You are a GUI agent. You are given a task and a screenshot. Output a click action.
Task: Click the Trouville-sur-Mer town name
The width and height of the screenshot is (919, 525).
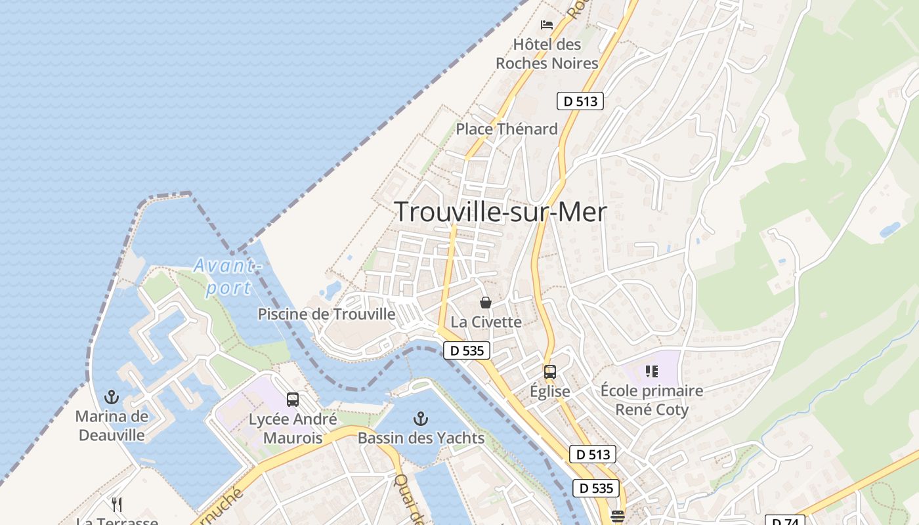click(500, 212)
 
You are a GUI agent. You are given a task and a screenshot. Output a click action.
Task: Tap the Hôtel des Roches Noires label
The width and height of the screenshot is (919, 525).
click(547, 54)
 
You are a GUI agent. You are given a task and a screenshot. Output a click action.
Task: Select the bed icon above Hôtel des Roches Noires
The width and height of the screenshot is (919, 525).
click(547, 25)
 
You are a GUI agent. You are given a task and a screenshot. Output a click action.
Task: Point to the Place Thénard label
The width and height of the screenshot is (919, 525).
click(507, 129)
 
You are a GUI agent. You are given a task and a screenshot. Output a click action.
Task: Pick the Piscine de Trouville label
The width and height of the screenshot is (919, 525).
click(326, 314)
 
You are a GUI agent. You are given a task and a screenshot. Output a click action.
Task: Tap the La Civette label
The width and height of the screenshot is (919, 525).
click(486, 322)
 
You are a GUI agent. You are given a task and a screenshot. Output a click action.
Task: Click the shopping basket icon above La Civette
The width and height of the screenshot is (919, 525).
click(486, 303)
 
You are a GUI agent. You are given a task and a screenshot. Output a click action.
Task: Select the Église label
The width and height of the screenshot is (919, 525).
click(550, 391)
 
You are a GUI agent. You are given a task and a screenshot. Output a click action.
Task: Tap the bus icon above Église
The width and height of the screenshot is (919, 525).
click(550, 372)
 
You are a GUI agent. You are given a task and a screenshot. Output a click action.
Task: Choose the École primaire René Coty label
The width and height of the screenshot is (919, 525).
click(652, 400)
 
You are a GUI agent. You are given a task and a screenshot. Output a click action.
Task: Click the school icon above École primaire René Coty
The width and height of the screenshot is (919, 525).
click(652, 372)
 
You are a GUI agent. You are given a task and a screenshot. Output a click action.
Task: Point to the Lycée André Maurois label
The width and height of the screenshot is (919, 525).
click(293, 428)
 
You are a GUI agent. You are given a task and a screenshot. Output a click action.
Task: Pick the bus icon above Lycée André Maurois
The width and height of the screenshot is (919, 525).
click(293, 399)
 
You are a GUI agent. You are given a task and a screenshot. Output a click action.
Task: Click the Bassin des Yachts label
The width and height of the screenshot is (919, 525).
click(421, 438)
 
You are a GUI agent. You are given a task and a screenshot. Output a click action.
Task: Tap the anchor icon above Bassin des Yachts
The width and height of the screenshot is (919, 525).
click(421, 418)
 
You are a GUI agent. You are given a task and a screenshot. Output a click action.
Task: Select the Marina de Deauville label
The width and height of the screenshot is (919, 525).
click(112, 425)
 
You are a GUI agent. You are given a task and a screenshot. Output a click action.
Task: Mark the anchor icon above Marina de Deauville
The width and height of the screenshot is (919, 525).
click(112, 397)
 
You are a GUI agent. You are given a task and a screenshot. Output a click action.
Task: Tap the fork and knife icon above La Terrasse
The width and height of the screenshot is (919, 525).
click(117, 504)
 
